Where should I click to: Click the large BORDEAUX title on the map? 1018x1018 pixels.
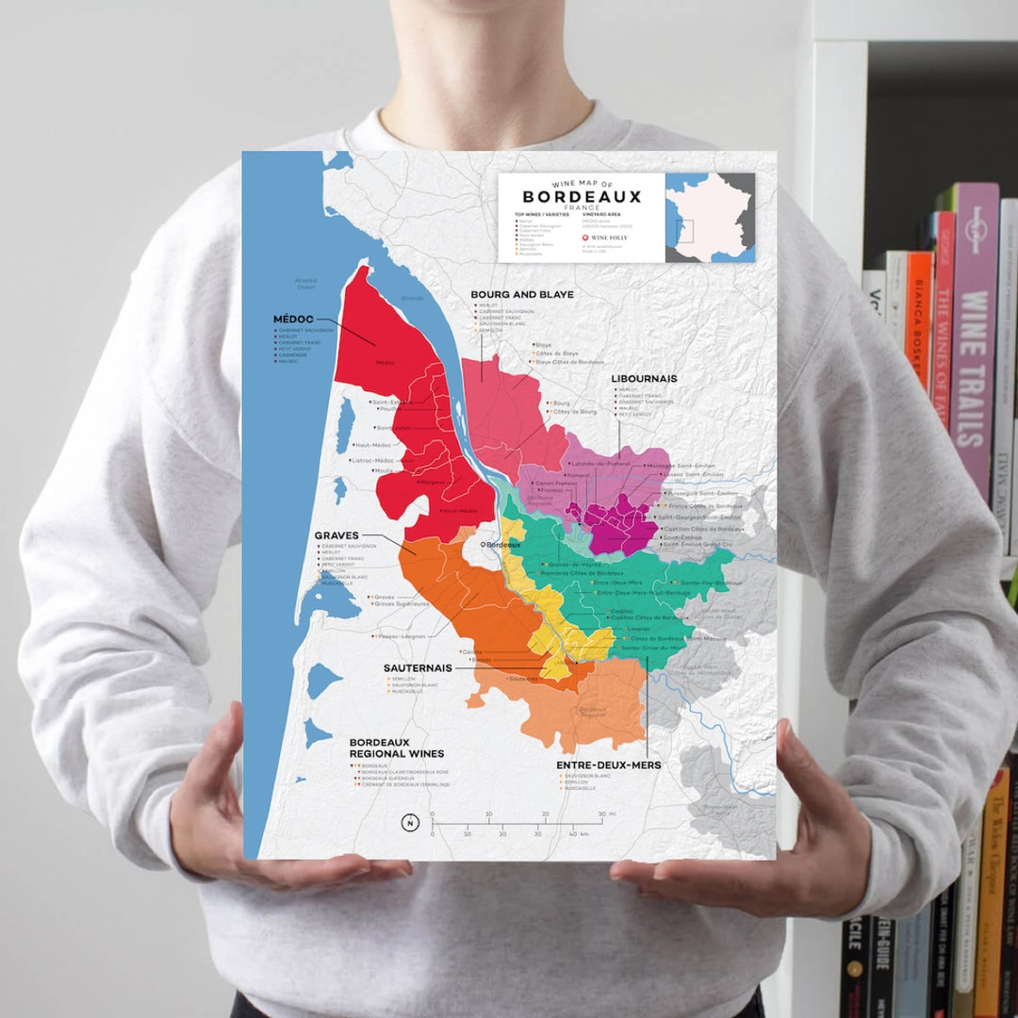pyautogui.click(x=582, y=197)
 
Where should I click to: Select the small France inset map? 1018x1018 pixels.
pyautogui.click(x=710, y=218)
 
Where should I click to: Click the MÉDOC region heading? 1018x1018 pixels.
pyautogui.click(x=293, y=320)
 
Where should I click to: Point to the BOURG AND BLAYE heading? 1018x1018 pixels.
pyautogui.click(x=522, y=295)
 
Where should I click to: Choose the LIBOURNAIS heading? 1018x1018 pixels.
pyautogui.click(x=644, y=379)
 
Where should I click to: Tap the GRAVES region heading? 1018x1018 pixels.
pyautogui.click(x=337, y=535)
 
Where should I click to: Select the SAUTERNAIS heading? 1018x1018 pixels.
pyautogui.click(x=418, y=667)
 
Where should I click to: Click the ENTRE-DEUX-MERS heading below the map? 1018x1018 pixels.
pyautogui.click(x=608, y=765)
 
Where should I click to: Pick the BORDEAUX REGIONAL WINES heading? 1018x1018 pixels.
pyautogui.click(x=396, y=747)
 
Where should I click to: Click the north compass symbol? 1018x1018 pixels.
pyautogui.click(x=410, y=822)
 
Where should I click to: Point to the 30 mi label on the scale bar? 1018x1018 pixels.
pyautogui.click(x=605, y=813)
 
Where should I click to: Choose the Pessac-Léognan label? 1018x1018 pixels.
pyautogui.click(x=403, y=637)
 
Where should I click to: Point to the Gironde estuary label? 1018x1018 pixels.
pyautogui.click(x=413, y=298)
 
